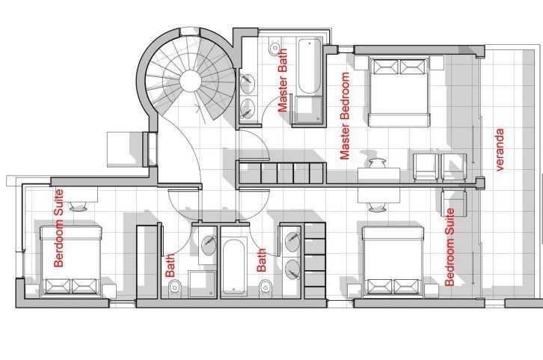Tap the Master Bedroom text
pyautogui.click(x=345, y=116)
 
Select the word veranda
pyautogui.click(x=500, y=150)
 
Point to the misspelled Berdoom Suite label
pyautogui.click(x=58, y=228)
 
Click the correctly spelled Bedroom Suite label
pyautogui.click(x=450, y=248)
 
